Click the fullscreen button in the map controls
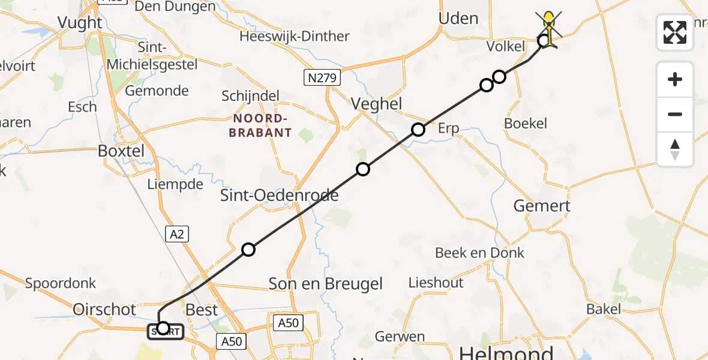[675, 32]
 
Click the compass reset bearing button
[675, 149]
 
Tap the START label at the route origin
[166, 331]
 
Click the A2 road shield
[177, 234]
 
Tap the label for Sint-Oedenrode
[279, 195]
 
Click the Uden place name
[458, 19]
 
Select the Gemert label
[542, 206]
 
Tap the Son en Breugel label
[325, 283]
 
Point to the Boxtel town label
[121, 151]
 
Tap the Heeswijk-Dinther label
[295, 36]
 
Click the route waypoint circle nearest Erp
[418, 130]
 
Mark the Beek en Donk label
[479, 253]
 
